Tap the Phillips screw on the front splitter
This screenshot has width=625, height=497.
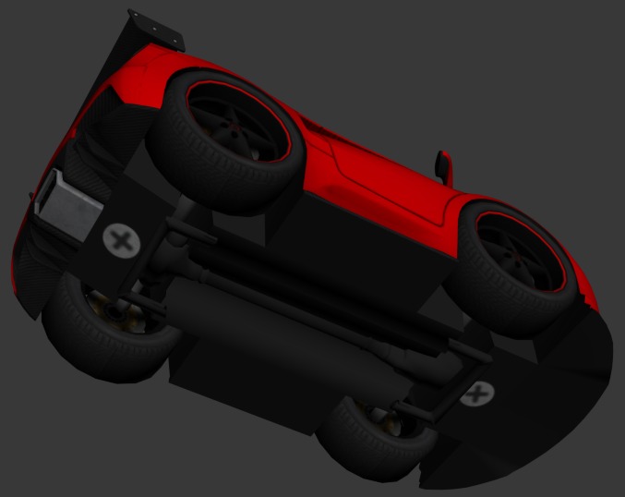click(476, 394)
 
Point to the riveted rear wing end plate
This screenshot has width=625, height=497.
click(156, 30)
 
